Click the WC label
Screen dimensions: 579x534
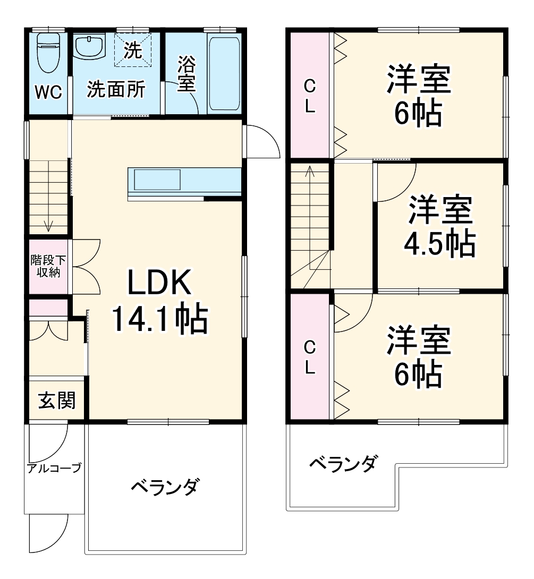[x=48, y=92]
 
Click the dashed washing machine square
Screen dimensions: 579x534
[x=133, y=51]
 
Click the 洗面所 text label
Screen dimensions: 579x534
[x=116, y=90]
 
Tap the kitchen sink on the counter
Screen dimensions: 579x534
[x=158, y=180]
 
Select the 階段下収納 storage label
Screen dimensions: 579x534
[x=48, y=267]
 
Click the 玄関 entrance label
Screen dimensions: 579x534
[x=56, y=399]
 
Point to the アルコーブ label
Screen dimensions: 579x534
[x=54, y=468]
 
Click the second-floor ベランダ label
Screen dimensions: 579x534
[x=344, y=464]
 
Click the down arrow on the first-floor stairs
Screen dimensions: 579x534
[x=48, y=226]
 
